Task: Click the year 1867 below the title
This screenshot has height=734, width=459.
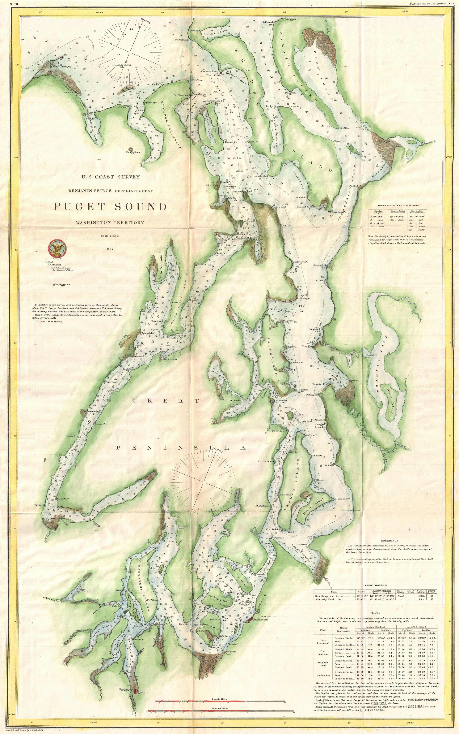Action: click(x=110, y=249)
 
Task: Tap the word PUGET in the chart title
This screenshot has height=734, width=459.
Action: click(x=79, y=207)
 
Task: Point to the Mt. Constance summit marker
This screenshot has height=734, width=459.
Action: click(x=54, y=285)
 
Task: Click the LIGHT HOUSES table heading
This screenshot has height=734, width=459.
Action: click(x=375, y=586)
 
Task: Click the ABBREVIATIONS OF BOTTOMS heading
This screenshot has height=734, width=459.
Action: click(x=398, y=206)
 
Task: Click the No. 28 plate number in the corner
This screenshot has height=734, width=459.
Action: click(x=13, y=4)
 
